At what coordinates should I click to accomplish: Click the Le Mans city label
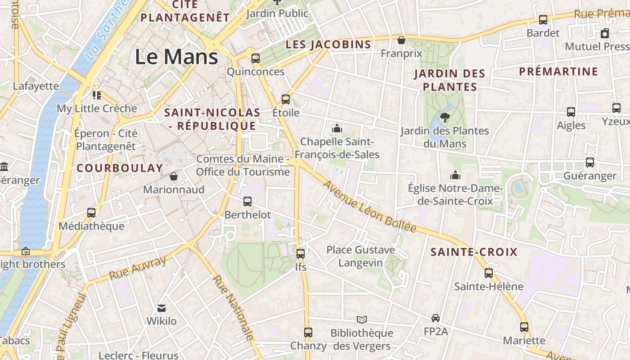click(176, 57)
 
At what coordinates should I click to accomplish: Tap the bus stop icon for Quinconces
click(256, 58)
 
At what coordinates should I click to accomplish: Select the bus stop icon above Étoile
click(286, 99)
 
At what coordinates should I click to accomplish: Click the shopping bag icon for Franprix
click(401, 40)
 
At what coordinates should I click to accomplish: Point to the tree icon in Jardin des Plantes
click(445, 117)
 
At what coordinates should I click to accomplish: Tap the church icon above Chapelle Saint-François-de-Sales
click(337, 129)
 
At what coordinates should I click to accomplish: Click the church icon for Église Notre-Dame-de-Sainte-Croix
click(455, 175)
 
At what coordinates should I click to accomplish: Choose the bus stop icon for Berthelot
click(247, 202)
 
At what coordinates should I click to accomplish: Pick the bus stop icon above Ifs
click(301, 254)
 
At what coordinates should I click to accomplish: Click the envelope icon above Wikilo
click(162, 308)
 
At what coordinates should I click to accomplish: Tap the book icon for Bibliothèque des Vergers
click(362, 319)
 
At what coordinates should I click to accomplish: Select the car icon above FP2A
click(436, 318)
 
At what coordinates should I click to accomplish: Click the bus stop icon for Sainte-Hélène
click(489, 273)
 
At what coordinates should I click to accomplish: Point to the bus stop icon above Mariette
click(524, 327)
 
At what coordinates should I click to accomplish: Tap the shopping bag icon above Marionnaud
click(174, 176)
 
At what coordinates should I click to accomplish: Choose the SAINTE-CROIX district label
click(474, 252)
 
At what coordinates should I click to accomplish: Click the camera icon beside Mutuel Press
click(605, 33)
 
